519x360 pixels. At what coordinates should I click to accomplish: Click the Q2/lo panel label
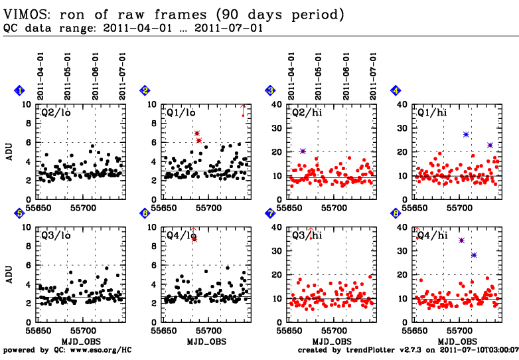tap(56, 113)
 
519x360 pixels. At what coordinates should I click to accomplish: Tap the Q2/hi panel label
tap(307, 113)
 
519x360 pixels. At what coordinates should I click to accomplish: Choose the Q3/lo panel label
tap(56, 236)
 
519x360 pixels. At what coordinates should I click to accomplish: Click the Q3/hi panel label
tap(307, 236)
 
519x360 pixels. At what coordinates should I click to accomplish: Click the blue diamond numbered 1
tap(20, 90)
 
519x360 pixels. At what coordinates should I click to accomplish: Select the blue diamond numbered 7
tap(270, 213)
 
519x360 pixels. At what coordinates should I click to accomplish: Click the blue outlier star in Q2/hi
tap(303, 151)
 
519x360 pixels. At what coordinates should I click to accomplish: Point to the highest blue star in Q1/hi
tap(466, 134)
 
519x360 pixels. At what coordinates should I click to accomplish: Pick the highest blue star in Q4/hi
tap(462, 240)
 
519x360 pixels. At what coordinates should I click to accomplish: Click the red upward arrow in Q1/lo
tap(243, 110)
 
